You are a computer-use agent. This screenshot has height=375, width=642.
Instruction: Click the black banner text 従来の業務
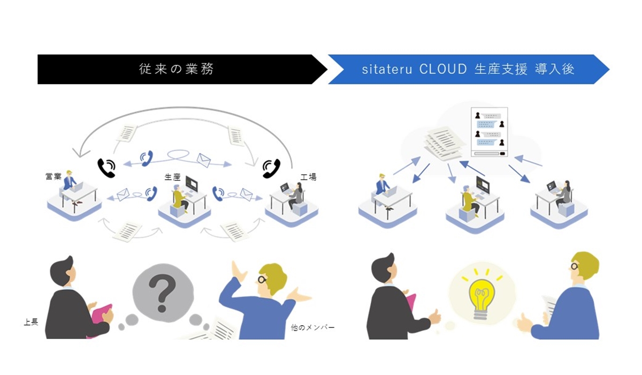(176, 69)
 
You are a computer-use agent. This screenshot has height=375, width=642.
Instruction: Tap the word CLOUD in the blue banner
(443, 69)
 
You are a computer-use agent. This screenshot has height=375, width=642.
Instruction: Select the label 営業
(53, 176)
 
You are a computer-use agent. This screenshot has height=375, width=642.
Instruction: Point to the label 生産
(172, 177)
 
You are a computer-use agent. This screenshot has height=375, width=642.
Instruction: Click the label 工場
(308, 177)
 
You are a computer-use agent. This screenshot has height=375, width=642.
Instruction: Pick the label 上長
(31, 322)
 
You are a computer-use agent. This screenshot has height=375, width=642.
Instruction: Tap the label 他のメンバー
(312, 327)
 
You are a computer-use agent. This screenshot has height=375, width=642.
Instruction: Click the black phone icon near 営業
(106, 168)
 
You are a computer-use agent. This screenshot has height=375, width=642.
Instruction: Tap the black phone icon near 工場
(271, 168)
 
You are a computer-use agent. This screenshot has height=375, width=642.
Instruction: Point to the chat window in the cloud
(489, 132)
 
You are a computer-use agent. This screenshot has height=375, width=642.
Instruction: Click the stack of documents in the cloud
(445, 144)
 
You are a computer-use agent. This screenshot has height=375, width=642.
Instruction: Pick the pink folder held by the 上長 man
(102, 313)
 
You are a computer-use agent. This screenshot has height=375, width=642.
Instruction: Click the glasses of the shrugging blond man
(262, 279)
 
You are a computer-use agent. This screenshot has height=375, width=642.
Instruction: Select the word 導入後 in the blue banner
(555, 69)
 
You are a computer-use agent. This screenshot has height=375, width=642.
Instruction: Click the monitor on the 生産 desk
(192, 184)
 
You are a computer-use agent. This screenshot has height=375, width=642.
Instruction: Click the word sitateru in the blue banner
(387, 70)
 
